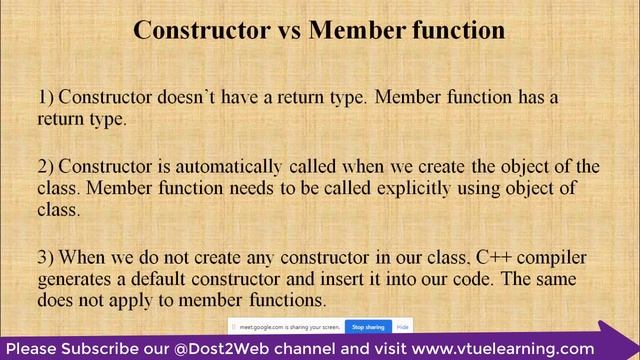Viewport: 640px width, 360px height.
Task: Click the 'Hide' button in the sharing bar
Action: [x=402, y=326]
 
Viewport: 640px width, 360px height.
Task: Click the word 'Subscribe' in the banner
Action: [x=96, y=348]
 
